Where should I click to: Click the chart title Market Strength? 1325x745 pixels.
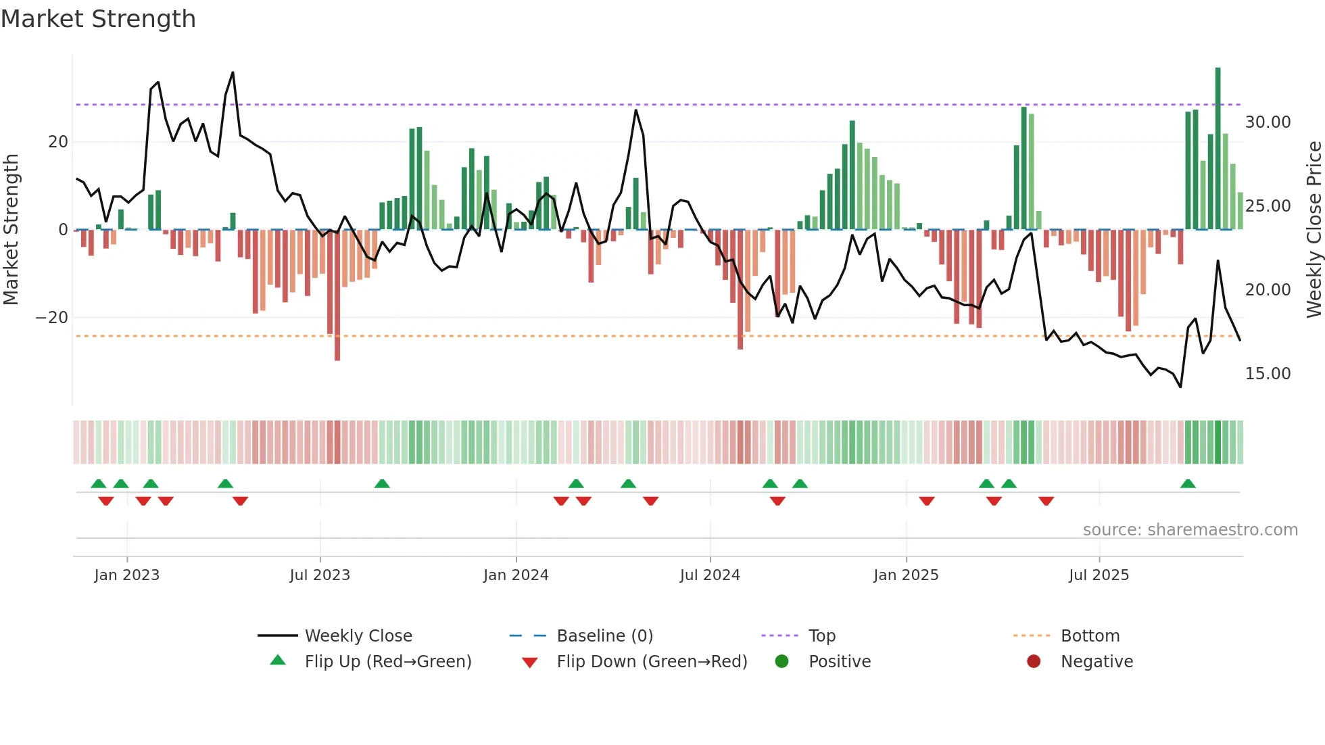98,19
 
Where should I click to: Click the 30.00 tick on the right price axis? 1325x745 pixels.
1268,122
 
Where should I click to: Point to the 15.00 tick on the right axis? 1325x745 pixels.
1268,374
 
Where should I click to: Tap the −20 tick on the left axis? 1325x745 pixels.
52,318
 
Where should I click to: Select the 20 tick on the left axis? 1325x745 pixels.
58,142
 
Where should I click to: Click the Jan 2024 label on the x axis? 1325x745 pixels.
516,575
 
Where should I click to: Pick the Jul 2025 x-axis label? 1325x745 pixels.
1099,575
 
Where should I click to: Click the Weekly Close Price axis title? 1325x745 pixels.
1314,230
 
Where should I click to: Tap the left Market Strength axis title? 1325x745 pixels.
11,230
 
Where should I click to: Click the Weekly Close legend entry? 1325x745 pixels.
358,636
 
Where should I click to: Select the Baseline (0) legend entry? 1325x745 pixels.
604,636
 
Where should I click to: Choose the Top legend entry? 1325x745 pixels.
821,636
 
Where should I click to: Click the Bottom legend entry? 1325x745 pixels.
1090,636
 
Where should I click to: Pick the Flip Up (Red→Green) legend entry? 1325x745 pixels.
387,662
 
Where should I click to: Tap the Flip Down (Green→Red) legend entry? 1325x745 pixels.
652,662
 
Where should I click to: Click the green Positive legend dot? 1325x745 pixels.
782,662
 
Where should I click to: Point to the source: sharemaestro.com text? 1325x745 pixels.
1190,530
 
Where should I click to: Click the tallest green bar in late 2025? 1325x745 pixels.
1218,149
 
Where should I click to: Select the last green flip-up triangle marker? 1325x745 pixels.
1188,483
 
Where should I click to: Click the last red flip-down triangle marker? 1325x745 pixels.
1046,501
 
